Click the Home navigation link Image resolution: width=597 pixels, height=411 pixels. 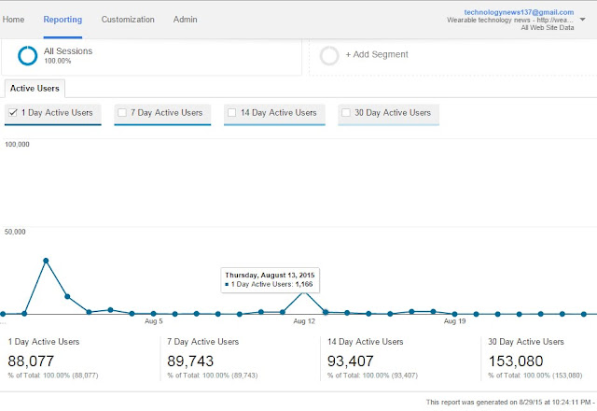click(x=13, y=19)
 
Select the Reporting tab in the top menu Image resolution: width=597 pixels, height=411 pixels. click(x=62, y=19)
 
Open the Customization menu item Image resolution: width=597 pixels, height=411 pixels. click(x=128, y=19)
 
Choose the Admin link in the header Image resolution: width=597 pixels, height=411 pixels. click(x=185, y=19)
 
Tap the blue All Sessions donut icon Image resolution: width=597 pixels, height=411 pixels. click(x=27, y=56)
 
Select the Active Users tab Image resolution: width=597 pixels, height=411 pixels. click(x=35, y=88)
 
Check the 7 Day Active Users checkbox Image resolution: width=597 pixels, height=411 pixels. click(x=121, y=113)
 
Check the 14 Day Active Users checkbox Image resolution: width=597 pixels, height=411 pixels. click(x=231, y=113)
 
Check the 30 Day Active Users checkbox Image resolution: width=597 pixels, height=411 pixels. click(x=346, y=113)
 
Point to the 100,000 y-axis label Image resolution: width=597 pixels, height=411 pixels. click(x=19, y=145)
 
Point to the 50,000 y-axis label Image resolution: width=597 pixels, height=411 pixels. click(x=17, y=232)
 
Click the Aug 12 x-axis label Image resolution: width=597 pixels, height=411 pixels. click(x=304, y=321)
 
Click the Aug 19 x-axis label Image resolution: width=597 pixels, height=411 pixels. click(x=454, y=321)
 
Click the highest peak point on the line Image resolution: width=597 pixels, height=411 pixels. click(x=46, y=261)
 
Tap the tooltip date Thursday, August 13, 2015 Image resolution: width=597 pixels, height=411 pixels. click(x=270, y=274)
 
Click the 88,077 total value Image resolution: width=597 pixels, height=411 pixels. click(x=34, y=360)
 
